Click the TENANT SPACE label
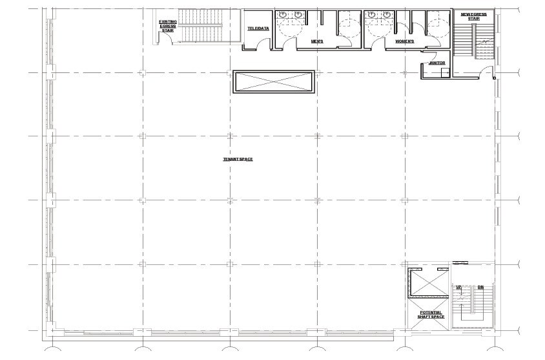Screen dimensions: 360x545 238,159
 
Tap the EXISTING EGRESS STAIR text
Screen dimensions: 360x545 168,25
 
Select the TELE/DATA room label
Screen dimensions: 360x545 258,28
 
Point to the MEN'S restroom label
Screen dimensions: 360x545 317,41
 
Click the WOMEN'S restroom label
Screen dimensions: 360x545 405,41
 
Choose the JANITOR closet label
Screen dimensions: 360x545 437,63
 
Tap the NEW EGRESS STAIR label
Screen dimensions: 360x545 474,16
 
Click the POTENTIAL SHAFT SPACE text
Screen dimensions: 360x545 431,315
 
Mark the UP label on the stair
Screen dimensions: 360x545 459,287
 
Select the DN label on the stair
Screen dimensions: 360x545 480,287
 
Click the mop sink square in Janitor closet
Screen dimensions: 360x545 445,72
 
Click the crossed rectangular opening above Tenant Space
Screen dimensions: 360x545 274,82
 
